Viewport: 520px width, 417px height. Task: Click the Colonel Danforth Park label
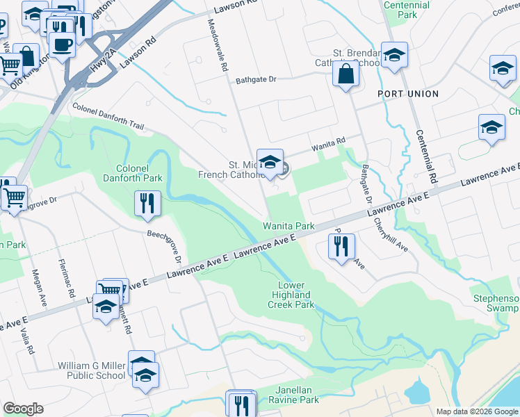pos(138,173)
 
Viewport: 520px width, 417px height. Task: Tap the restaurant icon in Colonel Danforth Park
pos(147,203)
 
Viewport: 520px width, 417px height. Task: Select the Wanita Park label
pos(289,226)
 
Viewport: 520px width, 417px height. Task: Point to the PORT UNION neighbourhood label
pos(408,94)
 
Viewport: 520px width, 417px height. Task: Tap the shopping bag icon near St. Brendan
pos(346,74)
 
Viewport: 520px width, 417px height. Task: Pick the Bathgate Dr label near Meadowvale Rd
pos(256,79)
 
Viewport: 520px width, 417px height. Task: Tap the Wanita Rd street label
pos(328,147)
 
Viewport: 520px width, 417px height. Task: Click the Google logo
pos(23,408)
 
